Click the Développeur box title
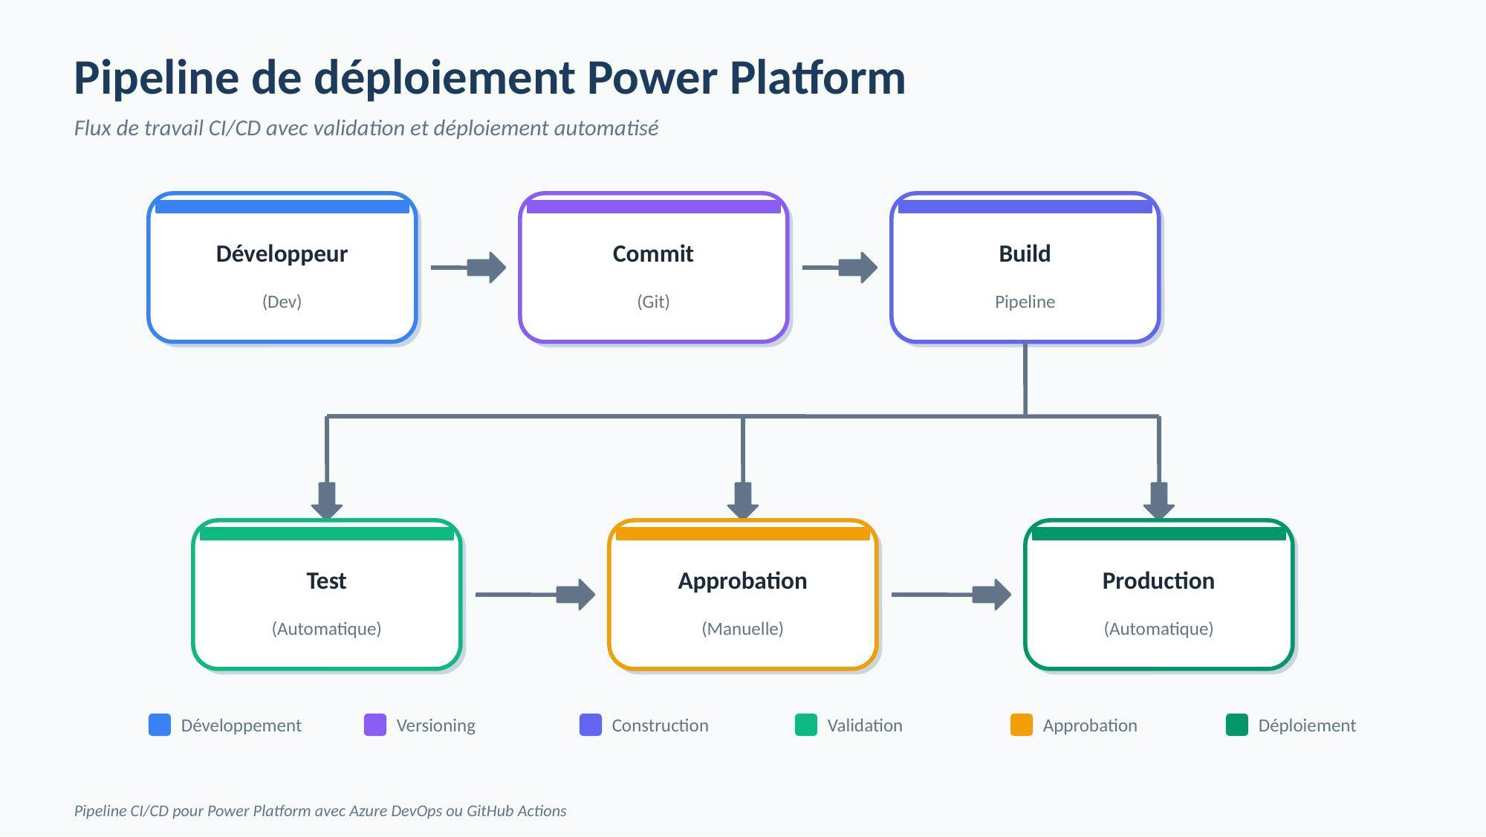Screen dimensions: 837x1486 [282, 254]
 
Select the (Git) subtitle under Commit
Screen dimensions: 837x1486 [653, 302]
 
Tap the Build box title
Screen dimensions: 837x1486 [1025, 254]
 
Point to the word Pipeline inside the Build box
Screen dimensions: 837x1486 [1025, 302]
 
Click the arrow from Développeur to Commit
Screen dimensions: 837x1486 [469, 268]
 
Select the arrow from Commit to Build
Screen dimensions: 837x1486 [840, 268]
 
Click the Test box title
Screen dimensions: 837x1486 [326, 581]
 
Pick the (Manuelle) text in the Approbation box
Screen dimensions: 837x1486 [742, 629]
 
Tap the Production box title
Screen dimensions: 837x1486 [1158, 581]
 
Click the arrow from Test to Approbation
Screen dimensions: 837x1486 [536, 595]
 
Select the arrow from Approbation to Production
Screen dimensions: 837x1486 [952, 595]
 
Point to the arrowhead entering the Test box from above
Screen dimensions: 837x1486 [327, 502]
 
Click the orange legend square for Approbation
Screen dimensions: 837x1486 [1022, 725]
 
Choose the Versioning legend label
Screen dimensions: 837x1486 [435, 725]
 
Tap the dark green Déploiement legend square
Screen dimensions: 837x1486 [1237, 725]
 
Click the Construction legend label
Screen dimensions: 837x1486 [660, 725]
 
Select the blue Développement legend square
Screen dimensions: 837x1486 [160, 725]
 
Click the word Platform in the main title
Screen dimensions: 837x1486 [817, 78]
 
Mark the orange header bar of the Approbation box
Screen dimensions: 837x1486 [743, 534]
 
